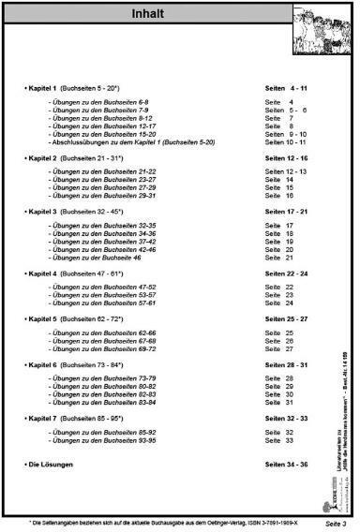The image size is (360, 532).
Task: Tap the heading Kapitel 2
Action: pos(44,159)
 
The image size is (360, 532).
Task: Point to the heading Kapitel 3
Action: pos(44,213)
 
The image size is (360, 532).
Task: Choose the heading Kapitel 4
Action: pos(44,273)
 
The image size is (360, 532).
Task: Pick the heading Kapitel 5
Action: pos(44,318)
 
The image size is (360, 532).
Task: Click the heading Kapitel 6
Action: pos(44,364)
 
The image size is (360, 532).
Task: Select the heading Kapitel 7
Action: pos(44,418)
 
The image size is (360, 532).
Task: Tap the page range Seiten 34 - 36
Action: pos(286,464)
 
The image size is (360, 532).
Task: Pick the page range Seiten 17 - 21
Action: pos(286,213)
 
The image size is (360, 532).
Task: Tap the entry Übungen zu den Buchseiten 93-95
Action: pos(102,440)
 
